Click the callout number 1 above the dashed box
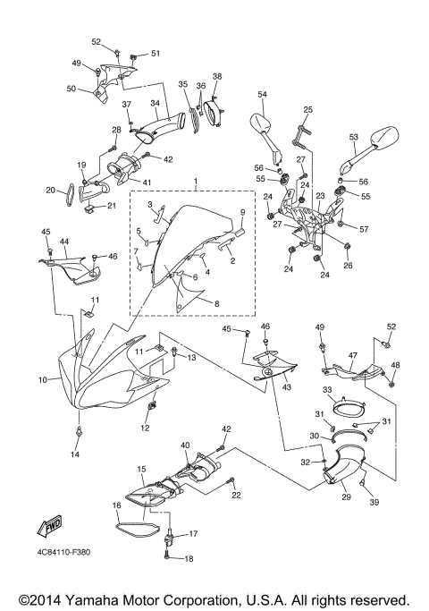196,182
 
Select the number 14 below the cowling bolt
75,454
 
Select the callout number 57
365,229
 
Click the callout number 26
348,265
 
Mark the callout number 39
374,503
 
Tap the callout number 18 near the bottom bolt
188,559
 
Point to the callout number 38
216,77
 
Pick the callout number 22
236,495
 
